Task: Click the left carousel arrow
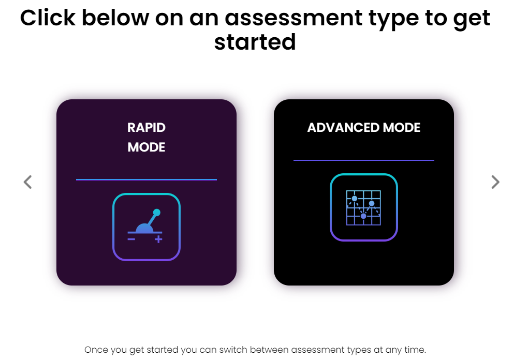[27, 182]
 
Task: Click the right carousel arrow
[495, 182]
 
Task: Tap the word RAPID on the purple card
[146, 128]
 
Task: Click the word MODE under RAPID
[146, 147]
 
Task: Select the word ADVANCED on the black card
[344, 128]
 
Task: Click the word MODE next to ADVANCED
[402, 128]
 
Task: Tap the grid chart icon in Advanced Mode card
[364, 207]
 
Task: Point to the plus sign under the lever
[158, 239]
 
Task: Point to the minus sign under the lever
[131, 239]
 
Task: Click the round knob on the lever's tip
[156, 213]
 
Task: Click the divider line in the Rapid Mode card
[146, 179]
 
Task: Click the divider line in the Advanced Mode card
[364, 160]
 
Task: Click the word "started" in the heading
[255, 42]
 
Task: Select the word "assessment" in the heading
[294, 19]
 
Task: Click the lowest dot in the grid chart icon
[363, 216]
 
